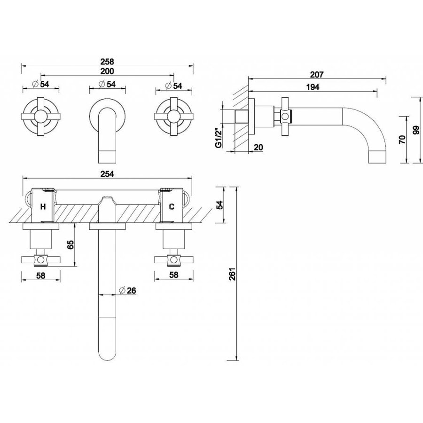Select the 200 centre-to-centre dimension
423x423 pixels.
click(108, 70)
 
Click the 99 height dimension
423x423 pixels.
click(415, 130)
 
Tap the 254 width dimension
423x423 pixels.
click(108, 173)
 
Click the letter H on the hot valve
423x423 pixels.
click(43, 206)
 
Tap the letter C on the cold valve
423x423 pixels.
click(172, 206)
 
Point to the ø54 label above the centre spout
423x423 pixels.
click(108, 85)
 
